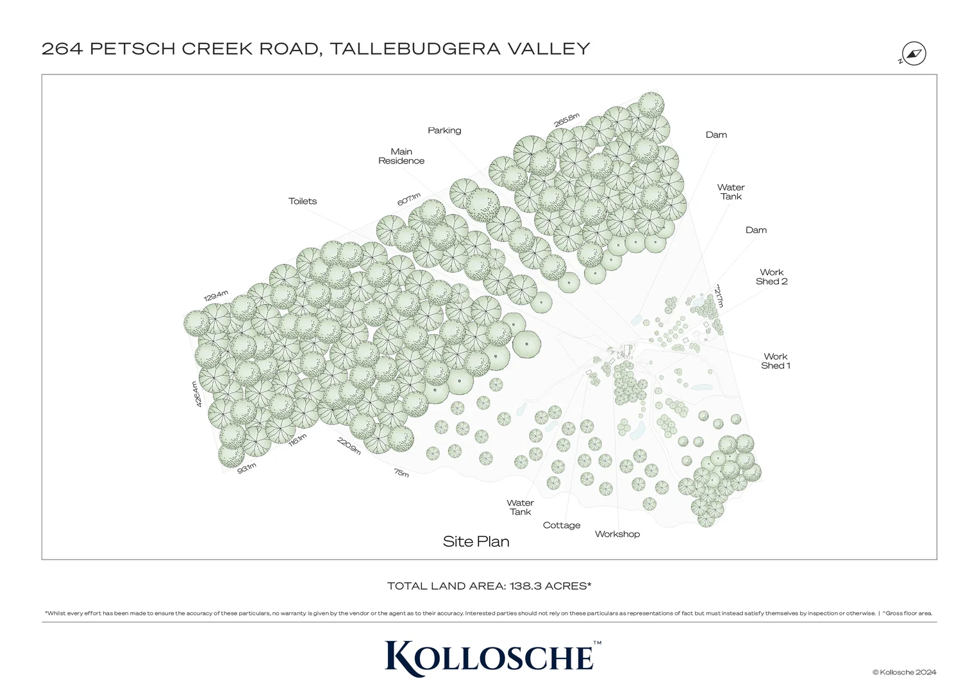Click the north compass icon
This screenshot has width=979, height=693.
click(914, 54)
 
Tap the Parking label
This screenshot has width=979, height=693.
click(444, 130)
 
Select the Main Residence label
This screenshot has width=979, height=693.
click(401, 157)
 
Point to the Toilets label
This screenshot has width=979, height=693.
click(303, 201)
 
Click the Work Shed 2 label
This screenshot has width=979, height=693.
click(771, 277)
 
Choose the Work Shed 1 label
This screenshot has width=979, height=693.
click(775, 361)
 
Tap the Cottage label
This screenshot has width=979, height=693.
click(562, 525)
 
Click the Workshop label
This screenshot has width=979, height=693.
click(617, 534)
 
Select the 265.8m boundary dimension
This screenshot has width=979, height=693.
click(567, 120)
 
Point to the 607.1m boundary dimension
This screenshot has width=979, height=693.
click(408, 199)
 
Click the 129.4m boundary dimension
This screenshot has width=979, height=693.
click(216, 296)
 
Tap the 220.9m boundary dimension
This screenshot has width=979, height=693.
click(349, 446)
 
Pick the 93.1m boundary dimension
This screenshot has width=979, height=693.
click(247, 468)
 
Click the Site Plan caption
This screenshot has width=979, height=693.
click(476, 542)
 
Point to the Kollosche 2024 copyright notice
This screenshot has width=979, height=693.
click(904, 672)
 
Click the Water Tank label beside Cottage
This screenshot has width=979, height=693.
click(520, 508)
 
